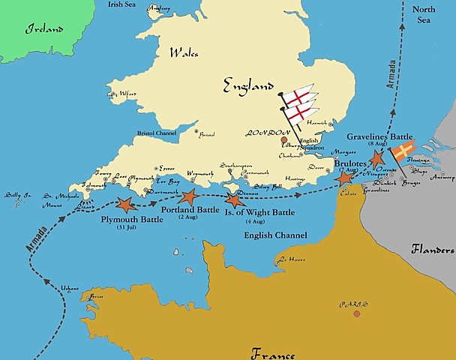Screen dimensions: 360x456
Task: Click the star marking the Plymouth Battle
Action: pos(124,203)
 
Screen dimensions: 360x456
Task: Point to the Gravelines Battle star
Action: pos(378,159)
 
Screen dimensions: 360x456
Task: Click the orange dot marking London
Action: pos(283,139)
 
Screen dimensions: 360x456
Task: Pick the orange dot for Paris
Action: pos(356,313)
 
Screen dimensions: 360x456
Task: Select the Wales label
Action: pos(184,53)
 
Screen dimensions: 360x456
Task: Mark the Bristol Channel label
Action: pos(160,133)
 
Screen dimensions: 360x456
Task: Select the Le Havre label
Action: pos(291,260)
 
